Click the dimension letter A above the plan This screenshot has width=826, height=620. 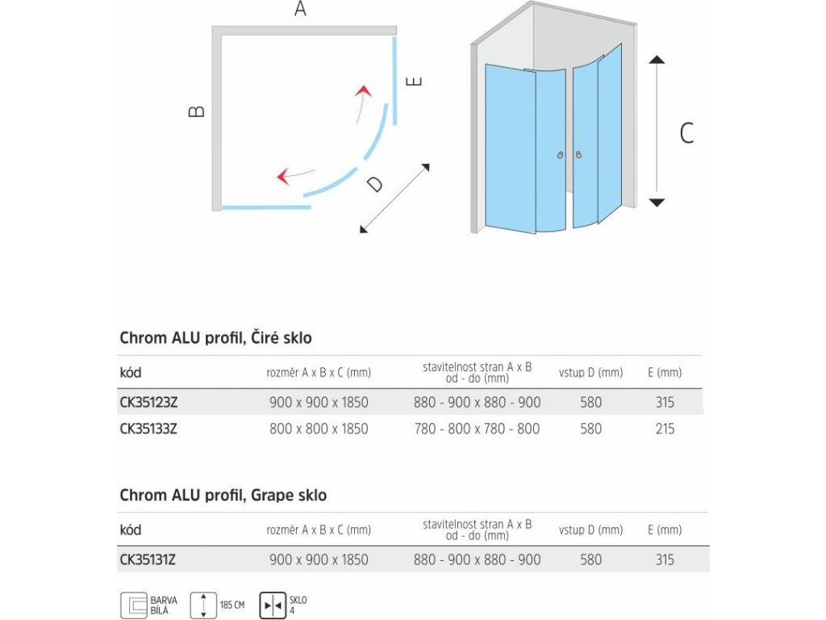(x=300, y=10)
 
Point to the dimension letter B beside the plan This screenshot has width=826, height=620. (x=197, y=111)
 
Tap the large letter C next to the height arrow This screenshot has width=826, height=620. (x=686, y=132)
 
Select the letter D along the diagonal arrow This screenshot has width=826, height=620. (x=374, y=184)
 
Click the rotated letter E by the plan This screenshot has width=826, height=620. (x=415, y=82)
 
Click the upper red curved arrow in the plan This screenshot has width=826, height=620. (x=363, y=101)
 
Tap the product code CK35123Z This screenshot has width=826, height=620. (x=148, y=402)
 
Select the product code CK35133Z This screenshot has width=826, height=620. (x=148, y=429)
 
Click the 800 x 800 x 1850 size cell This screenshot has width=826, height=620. (x=319, y=429)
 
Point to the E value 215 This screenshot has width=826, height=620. (x=665, y=429)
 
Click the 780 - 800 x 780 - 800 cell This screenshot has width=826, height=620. (x=477, y=429)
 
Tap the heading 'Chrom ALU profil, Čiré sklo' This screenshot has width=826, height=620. (x=215, y=337)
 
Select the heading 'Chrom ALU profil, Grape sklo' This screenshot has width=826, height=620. (x=223, y=495)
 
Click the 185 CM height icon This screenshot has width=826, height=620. (x=203, y=605)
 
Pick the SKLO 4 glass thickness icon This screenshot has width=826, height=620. (x=272, y=605)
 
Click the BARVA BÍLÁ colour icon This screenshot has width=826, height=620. (x=133, y=605)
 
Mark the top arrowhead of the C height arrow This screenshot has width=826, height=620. (x=657, y=60)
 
